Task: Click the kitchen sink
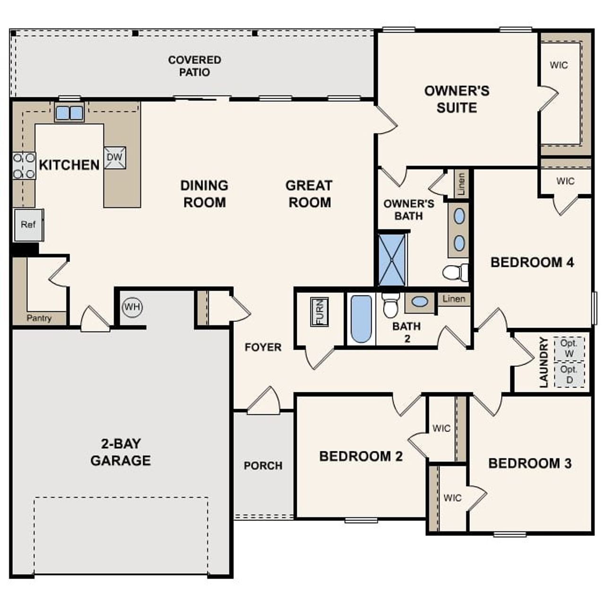click(69, 113)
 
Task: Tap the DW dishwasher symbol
click(115, 158)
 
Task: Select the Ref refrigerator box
click(28, 225)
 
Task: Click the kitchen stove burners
click(24, 166)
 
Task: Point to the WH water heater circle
click(132, 307)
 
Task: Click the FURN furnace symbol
click(320, 312)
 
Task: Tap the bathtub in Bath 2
click(361, 319)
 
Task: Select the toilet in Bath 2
click(390, 306)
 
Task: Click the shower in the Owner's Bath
click(392, 259)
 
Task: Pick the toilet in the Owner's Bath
click(455, 273)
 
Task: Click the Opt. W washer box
click(569, 349)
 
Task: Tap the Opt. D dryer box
click(569, 374)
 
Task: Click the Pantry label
click(39, 318)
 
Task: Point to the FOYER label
click(263, 347)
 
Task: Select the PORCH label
click(263, 466)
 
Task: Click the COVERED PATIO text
click(194, 66)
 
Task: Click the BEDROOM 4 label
click(532, 262)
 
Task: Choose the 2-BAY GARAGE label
click(121, 452)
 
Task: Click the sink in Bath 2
click(420, 302)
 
